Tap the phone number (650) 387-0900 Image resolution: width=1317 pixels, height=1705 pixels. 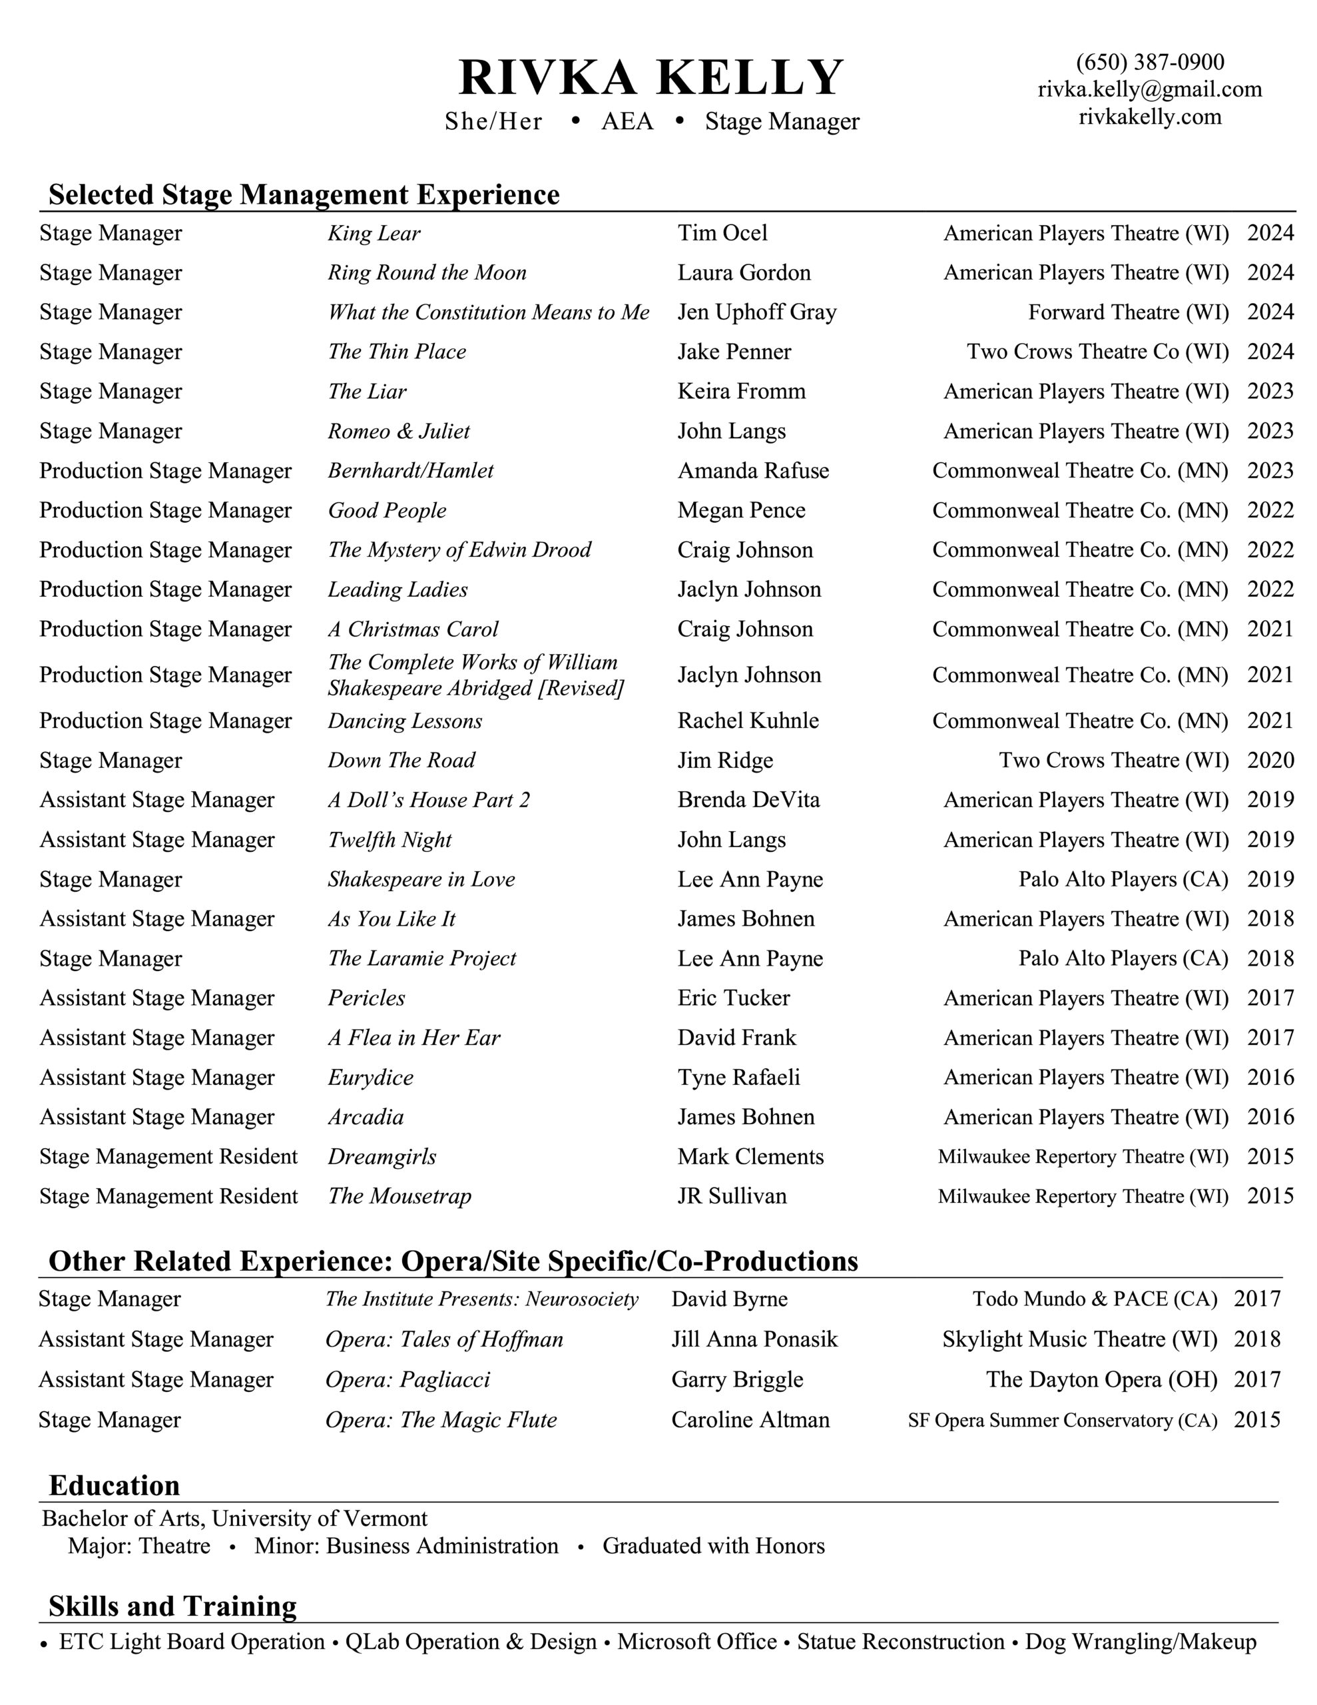click(1149, 62)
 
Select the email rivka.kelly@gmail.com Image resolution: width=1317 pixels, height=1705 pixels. click(1149, 89)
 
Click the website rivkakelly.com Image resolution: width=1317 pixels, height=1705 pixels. click(1149, 117)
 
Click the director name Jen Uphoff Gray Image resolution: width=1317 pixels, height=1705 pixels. click(756, 312)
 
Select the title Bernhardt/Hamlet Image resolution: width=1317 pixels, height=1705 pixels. click(411, 470)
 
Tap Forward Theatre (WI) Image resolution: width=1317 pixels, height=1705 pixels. click(1128, 312)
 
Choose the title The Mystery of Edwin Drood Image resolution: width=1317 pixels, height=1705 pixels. click(459, 549)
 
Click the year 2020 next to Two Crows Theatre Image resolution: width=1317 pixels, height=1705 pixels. click(1270, 760)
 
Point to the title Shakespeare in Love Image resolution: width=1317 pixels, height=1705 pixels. click(421, 879)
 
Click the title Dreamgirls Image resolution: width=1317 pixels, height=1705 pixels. click(382, 1156)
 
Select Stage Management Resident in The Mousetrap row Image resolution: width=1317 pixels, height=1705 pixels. click(168, 1196)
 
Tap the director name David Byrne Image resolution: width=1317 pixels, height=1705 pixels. click(729, 1298)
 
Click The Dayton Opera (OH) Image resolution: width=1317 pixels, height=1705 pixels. click(1101, 1379)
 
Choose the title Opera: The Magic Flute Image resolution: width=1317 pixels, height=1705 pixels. click(441, 1419)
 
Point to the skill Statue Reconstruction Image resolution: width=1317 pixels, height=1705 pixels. click(900, 1642)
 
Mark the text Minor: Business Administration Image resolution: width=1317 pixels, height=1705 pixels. click(406, 1546)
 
